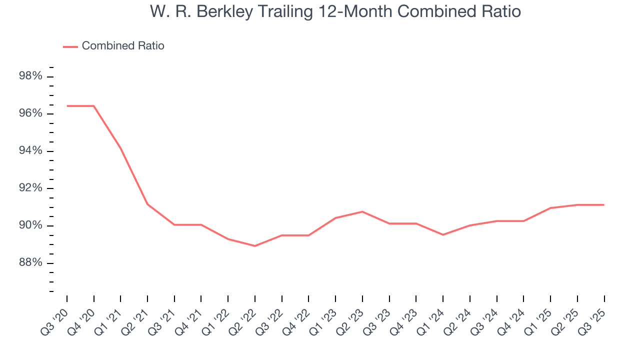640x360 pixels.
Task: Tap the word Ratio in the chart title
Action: click(499, 11)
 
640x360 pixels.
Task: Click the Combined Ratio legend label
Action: click(123, 46)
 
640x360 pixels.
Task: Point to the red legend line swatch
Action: click(70, 46)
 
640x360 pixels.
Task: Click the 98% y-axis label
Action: click(30, 76)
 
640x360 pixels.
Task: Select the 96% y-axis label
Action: click(30, 113)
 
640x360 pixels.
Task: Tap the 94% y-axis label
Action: click(30, 151)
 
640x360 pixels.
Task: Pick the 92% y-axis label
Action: click(30, 188)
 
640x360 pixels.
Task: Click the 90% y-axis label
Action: click(30, 225)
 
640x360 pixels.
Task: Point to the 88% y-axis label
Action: click(30, 263)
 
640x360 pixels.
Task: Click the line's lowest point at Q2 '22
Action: click(255, 246)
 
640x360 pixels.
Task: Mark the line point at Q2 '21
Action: click(147, 204)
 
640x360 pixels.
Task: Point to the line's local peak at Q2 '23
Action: click(362, 211)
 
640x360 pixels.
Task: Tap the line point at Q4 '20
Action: click(94, 106)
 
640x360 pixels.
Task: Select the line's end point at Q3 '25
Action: click(604, 205)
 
